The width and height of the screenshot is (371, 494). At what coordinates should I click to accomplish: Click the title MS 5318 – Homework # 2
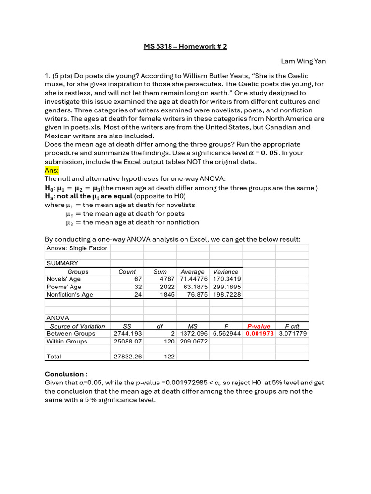point(185,46)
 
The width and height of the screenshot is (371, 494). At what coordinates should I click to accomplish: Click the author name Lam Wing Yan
point(303,62)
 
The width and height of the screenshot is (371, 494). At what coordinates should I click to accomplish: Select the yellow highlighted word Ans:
point(52,170)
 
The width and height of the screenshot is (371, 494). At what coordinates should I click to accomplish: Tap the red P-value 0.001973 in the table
point(259,333)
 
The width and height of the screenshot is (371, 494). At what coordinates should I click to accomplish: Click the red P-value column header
point(259,326)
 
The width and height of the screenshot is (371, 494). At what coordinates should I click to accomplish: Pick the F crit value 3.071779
point(293,333)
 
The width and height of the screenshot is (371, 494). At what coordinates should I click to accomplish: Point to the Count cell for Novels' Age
point(137,279)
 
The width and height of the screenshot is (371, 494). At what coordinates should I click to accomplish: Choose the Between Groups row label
point(71,333)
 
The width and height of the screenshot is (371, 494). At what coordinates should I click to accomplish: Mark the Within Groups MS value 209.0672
point(193,341)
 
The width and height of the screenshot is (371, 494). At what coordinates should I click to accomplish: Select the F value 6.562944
point(226,333)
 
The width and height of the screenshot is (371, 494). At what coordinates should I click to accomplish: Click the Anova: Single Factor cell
point(77,248)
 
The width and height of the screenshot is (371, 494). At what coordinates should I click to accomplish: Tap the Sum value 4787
point(167,279)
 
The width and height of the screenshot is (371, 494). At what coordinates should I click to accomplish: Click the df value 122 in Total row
point(169,357)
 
